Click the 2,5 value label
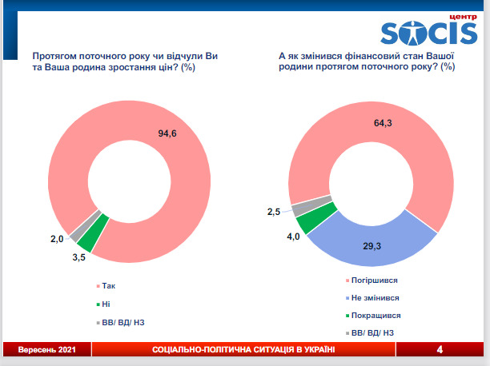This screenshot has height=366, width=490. [x=274, y=212]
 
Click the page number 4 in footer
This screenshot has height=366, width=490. [x=440, y=350]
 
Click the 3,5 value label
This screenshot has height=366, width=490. [x=80, y=257]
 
